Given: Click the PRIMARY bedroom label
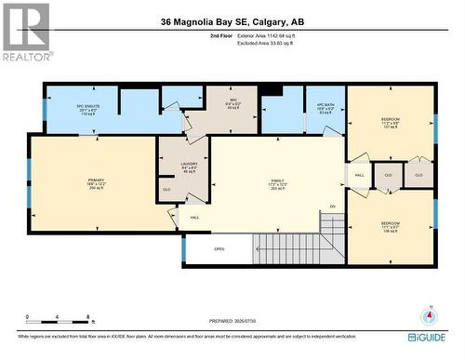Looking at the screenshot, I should pyautogui.click(x=97, y=182).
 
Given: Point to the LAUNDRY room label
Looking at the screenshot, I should pyautogui.click(x=189, y=167).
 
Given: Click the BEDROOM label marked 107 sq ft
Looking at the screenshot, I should pyautogui.click(x=391, y=122).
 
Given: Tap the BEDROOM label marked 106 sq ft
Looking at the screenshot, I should pyautogui.click(x=391, y=226).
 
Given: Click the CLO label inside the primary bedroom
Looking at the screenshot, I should pyautogui.click(x=166, y=190).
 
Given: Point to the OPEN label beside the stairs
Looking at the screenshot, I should pyautogui.click(x=219, y=249).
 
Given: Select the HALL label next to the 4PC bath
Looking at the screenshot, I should pyautogui.click(x=359, y=175).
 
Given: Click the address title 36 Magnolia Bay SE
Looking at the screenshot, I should pyautogui.click(x=232, y=20).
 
